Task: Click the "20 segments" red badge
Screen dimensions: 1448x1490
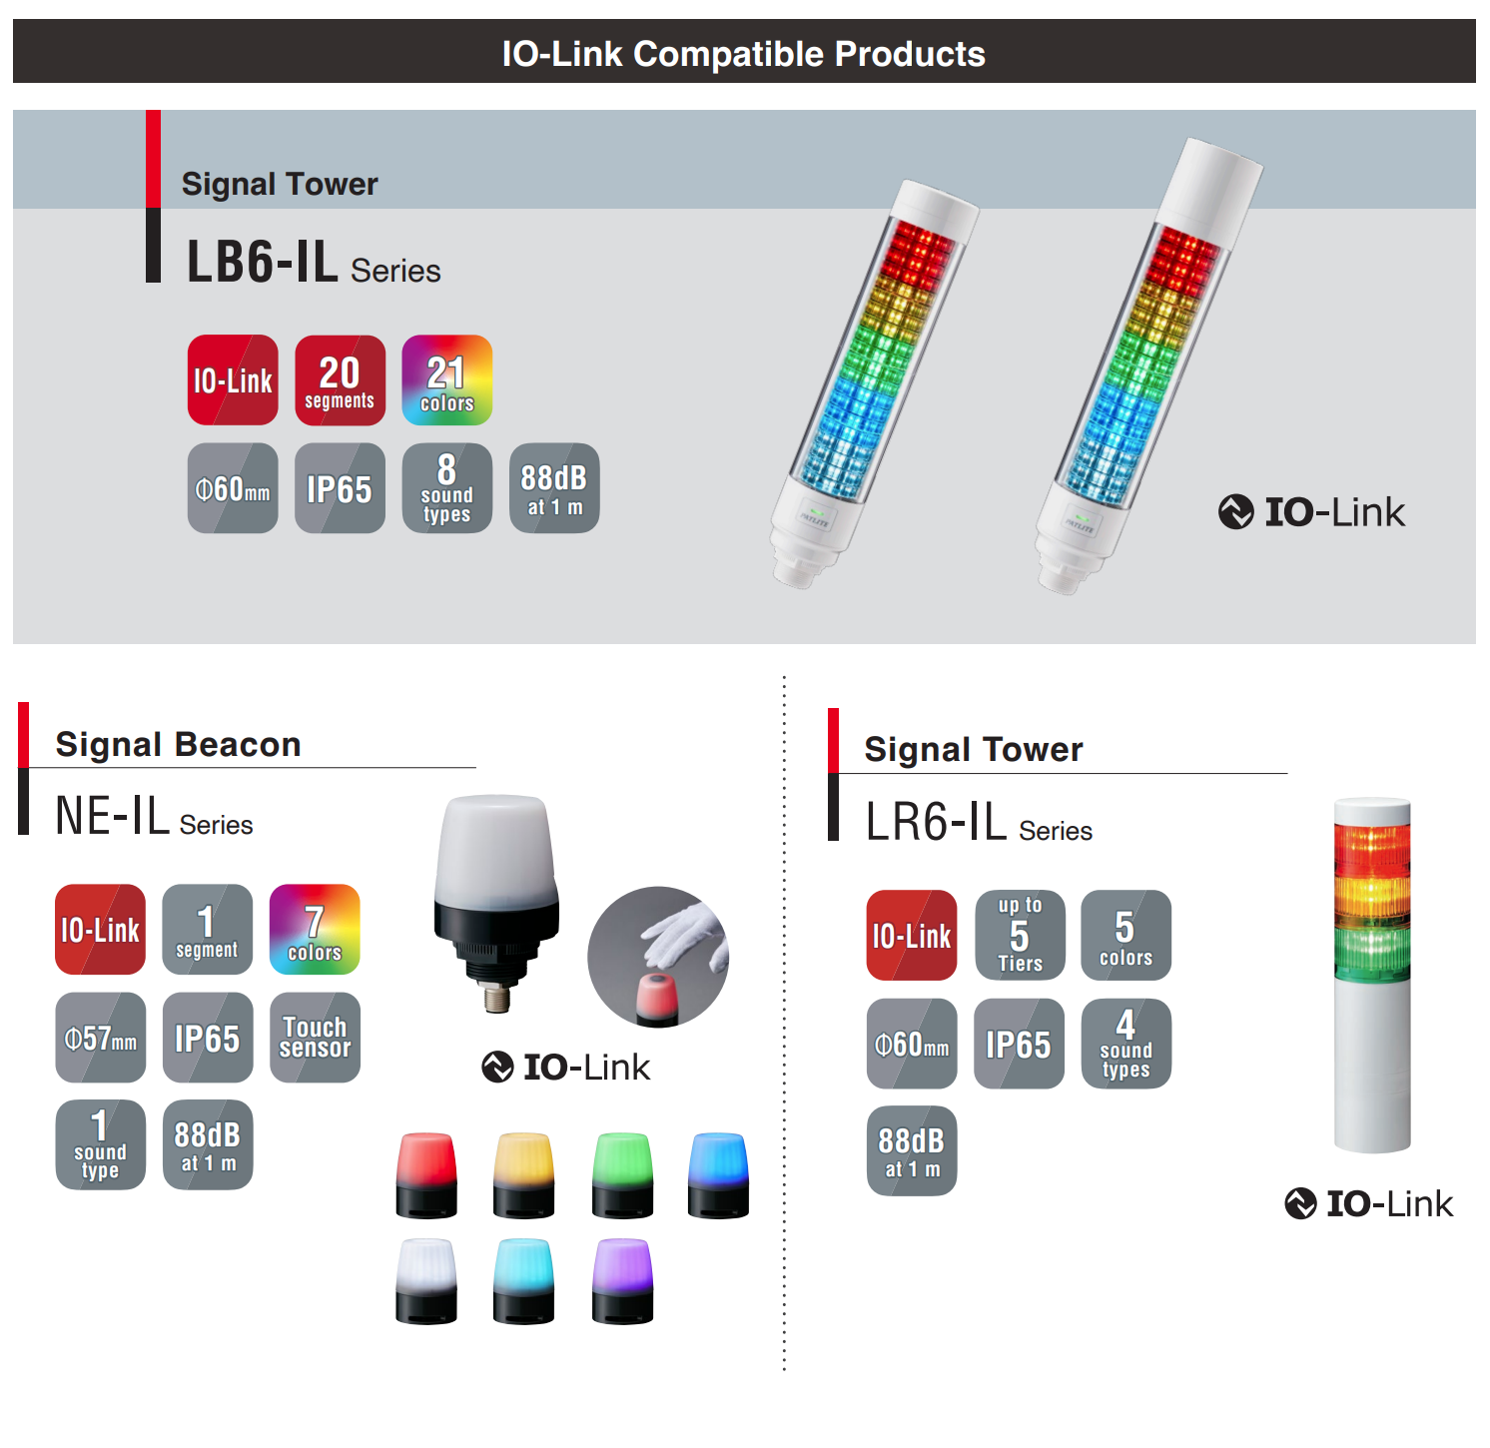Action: click(340, 380)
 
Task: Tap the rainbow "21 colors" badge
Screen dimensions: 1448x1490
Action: click(446, 380)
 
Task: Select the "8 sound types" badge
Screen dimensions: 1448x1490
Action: click(446, 488)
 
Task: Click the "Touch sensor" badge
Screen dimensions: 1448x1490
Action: click(315, 1038)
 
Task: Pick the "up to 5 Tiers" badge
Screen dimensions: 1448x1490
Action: click(1020, 936)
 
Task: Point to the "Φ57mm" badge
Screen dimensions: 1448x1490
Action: click(100, 1038)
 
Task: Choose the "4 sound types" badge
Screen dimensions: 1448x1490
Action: click(1125, 1044)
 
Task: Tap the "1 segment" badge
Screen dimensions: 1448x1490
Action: click(207, 930)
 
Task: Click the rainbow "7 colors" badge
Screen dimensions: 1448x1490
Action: click(315, 930)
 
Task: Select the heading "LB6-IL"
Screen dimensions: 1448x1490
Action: click(263, 263)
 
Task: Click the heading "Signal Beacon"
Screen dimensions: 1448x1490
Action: click(178, 745)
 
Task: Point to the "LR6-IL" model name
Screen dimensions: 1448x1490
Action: click(936, 823)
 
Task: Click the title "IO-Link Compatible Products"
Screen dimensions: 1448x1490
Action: click(744, 53)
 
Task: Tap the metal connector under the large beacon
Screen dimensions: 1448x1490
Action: click(496, 996)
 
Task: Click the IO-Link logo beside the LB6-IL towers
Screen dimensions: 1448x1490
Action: click(1311, 512)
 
